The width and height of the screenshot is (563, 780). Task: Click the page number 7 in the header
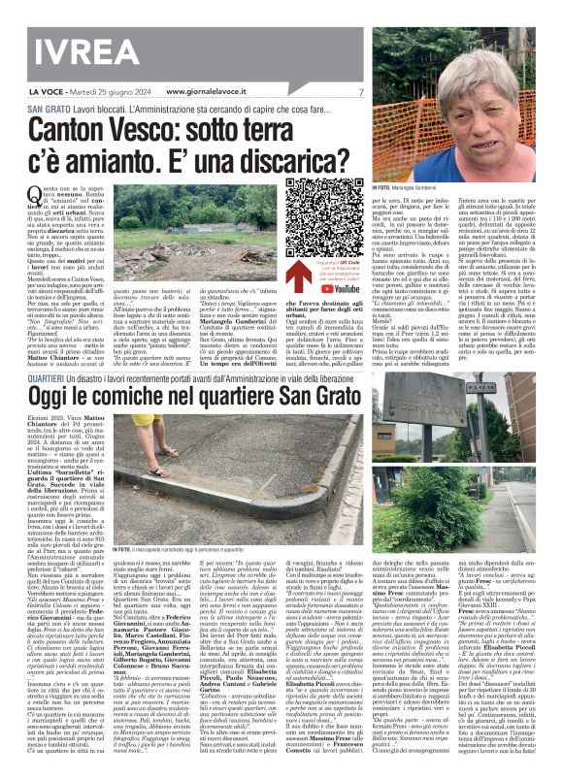pyautogui.click(x=360, y=92)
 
